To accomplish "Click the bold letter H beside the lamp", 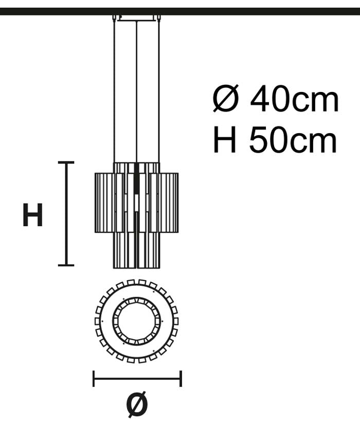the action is point(32,215).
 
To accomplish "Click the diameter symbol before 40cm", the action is point(226,98).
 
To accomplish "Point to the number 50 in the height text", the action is point(269,140).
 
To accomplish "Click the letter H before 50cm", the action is point(224,140).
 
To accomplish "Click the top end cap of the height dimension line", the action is point(66,162).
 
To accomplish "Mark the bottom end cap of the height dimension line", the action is point(66,265).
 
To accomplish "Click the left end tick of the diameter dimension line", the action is point(94,378).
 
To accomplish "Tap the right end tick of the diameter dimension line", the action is point(181,378).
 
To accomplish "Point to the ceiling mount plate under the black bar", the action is point(136,18).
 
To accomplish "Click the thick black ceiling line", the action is point(180,11).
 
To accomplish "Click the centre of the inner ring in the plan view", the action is point(136,321).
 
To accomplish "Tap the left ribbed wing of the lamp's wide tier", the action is point(104,202).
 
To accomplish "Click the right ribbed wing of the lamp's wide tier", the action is point(169,202).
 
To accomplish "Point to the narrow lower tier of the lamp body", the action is point(136,250).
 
